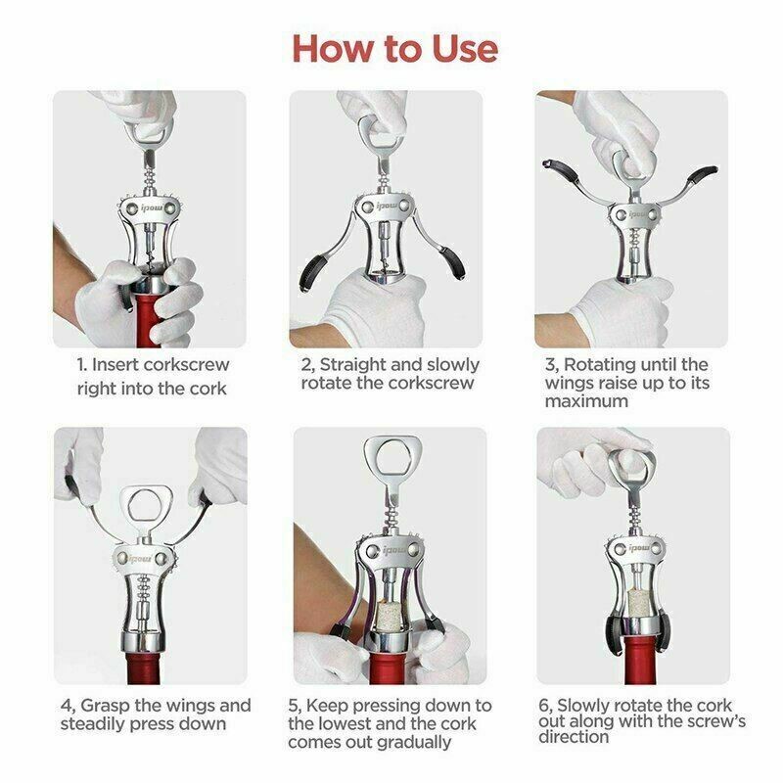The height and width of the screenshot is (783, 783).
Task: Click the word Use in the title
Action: click(465, 49)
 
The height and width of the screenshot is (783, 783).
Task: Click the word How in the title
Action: click(334, 49)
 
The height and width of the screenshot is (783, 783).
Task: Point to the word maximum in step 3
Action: click(586, 401)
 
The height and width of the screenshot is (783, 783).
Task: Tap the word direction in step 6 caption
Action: click(574, 737)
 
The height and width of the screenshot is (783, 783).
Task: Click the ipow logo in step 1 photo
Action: click(150, 207)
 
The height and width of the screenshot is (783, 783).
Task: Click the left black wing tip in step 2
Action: click(310, 272)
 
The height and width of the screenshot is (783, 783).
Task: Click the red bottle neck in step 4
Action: click(143, 667)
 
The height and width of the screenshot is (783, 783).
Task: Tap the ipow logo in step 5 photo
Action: click(394, 550)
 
